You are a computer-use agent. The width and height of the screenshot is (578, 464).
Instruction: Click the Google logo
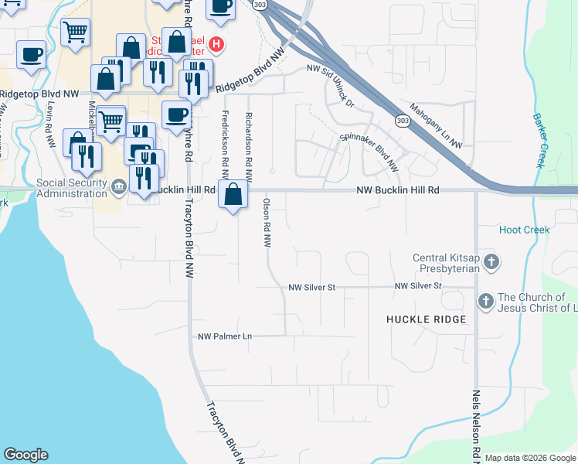[x=25, y=455]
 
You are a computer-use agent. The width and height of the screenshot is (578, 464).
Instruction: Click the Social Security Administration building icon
[x=120, y=186]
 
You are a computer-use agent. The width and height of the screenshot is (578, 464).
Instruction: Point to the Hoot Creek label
[x=524, y=230]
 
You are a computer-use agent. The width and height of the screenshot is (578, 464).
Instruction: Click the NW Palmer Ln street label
[x=225, y=336]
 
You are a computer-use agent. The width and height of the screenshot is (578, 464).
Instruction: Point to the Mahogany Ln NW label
[x=435, y=125]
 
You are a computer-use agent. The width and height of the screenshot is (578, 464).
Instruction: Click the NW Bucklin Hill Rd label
[x=397, y=190]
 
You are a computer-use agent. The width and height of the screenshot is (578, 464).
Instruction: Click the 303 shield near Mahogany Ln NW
[x=402, y=121]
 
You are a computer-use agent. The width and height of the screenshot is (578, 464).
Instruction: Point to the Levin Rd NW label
[x=51, y=124]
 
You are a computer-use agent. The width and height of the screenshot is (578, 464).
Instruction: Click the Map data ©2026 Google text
[x=531, y=458]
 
